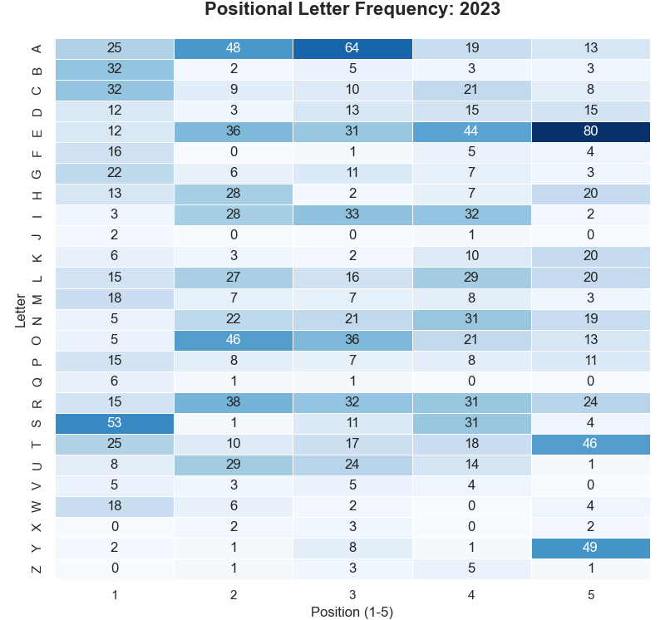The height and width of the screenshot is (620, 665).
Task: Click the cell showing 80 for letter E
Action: click(x=590, y=131)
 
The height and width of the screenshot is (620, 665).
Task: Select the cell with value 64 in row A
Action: click(x=352, y=48)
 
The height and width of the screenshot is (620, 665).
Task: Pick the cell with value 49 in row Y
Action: click(x=590, y=548)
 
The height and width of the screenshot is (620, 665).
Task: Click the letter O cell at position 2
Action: click(x=234, y=340)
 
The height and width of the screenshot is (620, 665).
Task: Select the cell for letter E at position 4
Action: click(x=471, y=131)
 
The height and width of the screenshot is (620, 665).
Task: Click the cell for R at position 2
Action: click(x=234, y=402)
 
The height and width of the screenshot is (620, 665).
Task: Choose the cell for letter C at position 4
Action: click(x=471, y=90)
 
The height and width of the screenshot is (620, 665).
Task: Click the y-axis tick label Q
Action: click(x=36, y=381)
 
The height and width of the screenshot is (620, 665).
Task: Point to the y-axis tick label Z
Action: click(x=36, y=568)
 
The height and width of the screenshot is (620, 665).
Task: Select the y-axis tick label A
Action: click(x=36, y=48)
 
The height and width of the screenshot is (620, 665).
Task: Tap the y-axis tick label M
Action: click(x=36, y=298)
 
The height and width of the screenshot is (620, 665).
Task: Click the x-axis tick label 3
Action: click(x=352, y=594)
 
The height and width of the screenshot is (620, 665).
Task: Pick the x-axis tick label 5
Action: click(x=590, y=594)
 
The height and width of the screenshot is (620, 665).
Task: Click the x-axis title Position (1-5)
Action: click(x=352, y=612)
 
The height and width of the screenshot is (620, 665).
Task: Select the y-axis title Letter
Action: click(x=20, y=308)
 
